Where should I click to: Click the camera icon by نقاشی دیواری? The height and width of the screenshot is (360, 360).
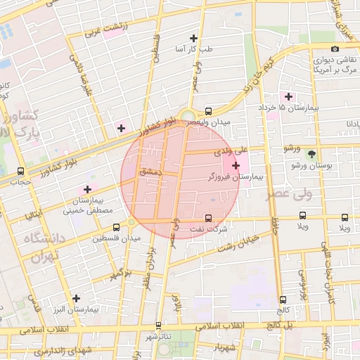pos(335,49)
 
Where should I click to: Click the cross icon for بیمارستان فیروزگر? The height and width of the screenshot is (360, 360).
pos(235,165)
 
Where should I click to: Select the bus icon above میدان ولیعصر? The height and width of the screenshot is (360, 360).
pos(208,111)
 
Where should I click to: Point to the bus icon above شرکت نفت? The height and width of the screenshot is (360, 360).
pos(208,218)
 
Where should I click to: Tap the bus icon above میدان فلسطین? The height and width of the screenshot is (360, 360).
pos(116,227)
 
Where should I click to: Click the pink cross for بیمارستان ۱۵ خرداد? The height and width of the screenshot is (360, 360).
pos(288,96)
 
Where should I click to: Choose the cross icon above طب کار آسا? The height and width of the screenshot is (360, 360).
pos(194,38)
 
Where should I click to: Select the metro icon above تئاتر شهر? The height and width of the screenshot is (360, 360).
pos(159,326)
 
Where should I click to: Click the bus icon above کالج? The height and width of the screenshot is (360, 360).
pos(283,300)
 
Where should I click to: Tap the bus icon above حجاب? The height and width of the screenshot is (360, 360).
pos(20,171)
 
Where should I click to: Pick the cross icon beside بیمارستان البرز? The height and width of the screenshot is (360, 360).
pos(76,298)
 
